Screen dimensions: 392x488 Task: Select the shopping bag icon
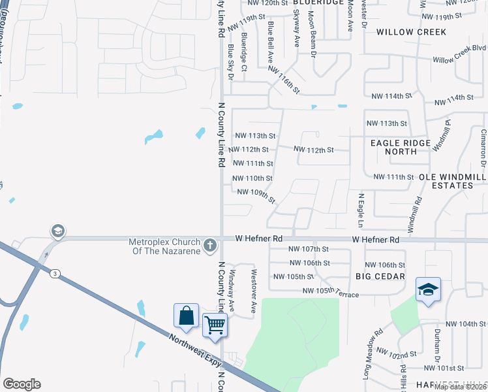click(187, 316)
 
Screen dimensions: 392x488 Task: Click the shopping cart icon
click(215, 325)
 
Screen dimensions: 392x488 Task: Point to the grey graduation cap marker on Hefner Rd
click(57, 231)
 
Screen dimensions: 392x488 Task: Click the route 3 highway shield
click(56, 274)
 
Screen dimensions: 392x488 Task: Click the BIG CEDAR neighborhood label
click(380, 277)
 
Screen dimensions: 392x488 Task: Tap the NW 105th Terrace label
click(330, 292)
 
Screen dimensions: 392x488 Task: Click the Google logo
click(22, 384)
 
